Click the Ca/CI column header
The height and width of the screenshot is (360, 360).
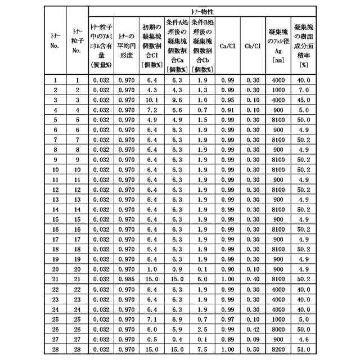227,46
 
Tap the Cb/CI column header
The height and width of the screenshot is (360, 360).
253,46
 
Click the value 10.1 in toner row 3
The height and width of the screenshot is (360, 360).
151,100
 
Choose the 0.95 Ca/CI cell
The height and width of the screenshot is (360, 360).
227,100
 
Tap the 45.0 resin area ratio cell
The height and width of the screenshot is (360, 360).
304,100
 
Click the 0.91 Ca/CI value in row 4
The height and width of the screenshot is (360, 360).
227,110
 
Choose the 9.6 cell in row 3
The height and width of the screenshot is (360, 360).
177,100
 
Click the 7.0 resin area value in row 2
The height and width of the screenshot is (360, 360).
304,90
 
